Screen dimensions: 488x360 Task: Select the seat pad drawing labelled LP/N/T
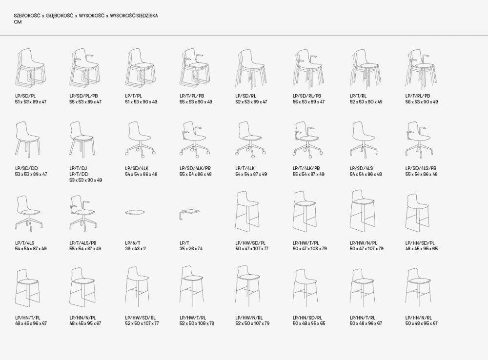[x=135, y=213]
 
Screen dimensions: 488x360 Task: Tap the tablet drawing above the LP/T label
[x=189, y=214]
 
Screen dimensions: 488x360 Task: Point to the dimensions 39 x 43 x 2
[x=135, y=249]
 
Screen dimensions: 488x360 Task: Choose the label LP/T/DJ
[x=79, y=168]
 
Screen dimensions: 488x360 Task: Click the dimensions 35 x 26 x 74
[x=191, y=249]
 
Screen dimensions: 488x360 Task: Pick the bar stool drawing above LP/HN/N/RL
[x=419, y=286]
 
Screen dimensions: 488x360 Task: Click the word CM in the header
[x=18, y=22]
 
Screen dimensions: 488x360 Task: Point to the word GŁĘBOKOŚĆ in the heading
[x=60, y=16]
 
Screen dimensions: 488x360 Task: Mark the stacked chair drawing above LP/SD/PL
[x=30, y=67]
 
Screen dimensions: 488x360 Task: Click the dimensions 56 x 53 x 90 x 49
[x=422, y=102]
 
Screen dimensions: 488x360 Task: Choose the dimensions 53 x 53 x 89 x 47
[x=31, y=174]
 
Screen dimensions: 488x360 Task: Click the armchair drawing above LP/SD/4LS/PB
[x=419, y=139]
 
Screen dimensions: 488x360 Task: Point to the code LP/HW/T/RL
[x=193, y=318]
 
